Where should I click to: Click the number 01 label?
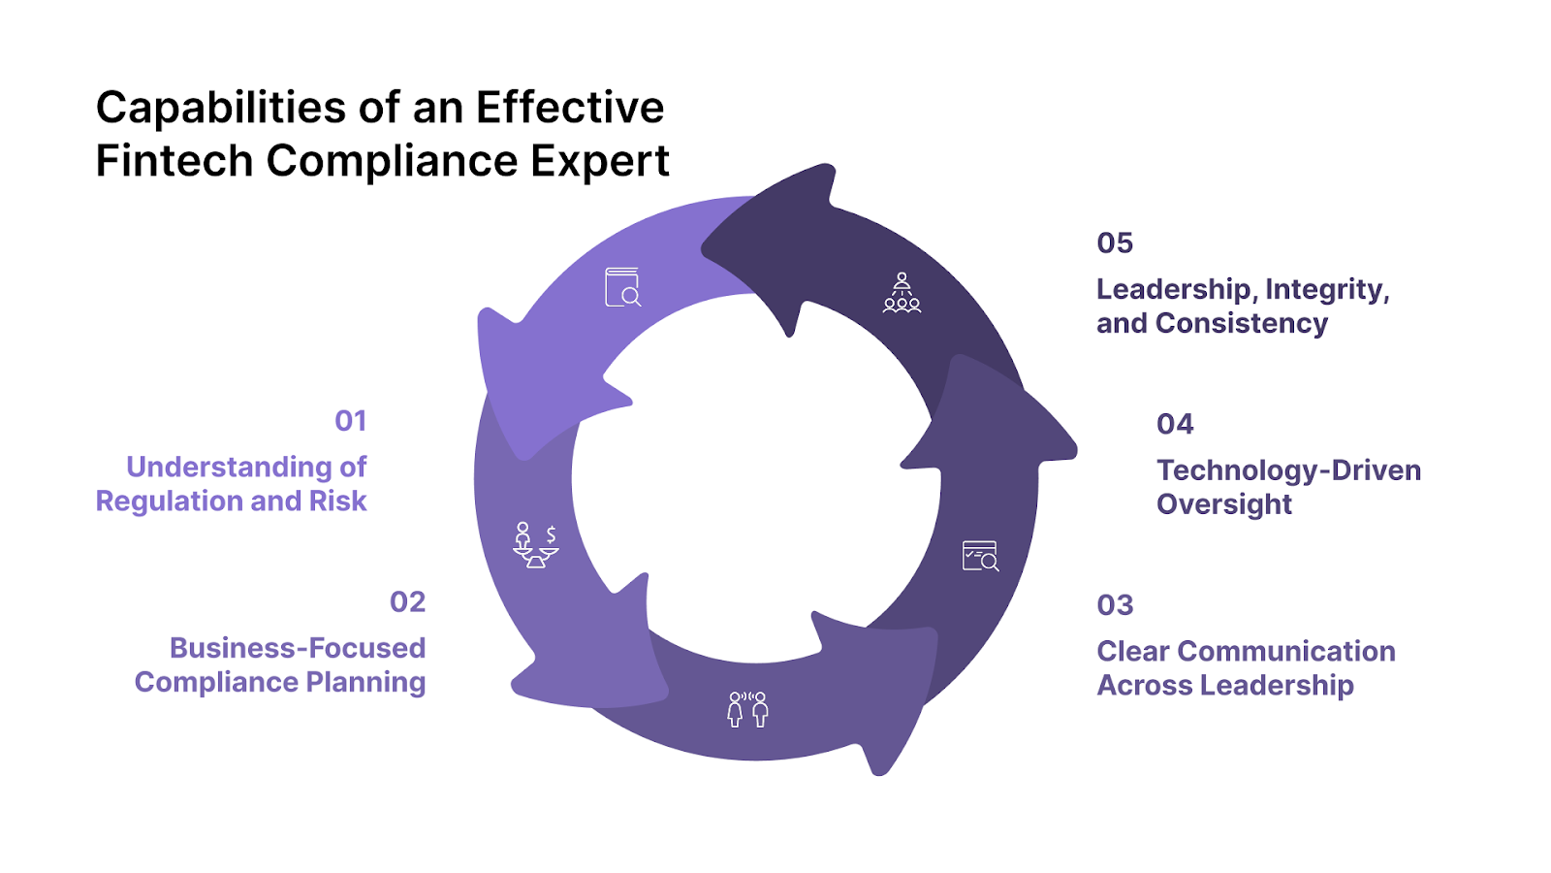350,421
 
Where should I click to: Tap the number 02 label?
407,602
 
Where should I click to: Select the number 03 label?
1115,605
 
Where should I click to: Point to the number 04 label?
1175,424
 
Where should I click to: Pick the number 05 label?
1115,242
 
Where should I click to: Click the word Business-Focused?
298,648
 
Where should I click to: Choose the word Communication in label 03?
1286,651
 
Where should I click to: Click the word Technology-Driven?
1288,470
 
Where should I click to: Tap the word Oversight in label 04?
1224,504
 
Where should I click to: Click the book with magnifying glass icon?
622,287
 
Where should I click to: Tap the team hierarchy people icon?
902,293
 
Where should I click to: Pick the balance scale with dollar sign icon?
535,545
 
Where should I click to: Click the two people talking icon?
747,709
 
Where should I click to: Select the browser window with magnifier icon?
980,556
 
